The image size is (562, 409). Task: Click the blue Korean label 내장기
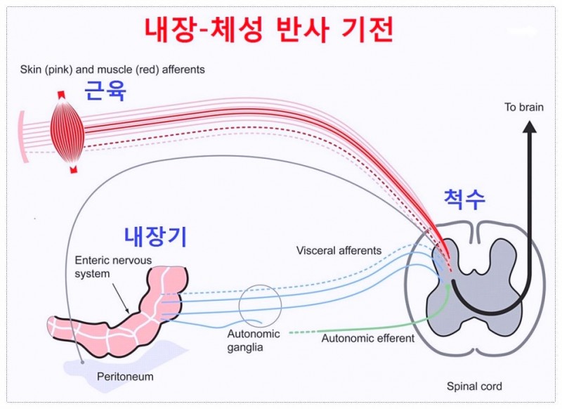pos(155,236)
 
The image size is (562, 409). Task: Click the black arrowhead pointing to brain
pos(530,127)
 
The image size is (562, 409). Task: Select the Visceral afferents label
pos(339,250)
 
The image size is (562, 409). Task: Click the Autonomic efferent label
pos(367,338)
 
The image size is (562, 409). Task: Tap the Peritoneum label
pos(125,377)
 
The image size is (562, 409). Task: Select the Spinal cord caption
pos(474,386)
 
